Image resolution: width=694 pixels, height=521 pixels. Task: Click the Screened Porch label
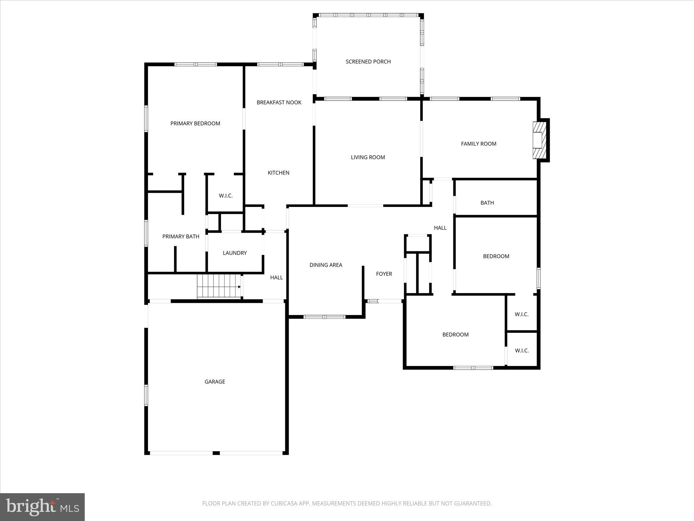tap(368, 62)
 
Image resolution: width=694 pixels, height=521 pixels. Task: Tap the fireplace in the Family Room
tap(539, 140)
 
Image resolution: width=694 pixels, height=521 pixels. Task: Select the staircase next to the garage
tap(219, 287)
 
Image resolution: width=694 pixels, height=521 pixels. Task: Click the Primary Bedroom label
tap(195, 123)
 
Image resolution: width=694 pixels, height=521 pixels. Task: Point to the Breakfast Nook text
tap(279, 102)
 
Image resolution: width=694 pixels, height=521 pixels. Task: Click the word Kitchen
tap(279, 173)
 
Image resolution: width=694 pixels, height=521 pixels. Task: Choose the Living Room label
tap(368, 157)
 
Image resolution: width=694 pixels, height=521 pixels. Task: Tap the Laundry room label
tap(234, 253)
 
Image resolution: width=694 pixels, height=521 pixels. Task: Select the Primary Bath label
tap(181, 236)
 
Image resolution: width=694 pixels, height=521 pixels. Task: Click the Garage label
tap(215, 382)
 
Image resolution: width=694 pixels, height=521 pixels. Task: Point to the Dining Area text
tap(326, 265)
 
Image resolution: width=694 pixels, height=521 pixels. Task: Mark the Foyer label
tap(384, 274)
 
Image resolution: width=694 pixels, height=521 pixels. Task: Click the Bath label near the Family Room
tap(487, 203)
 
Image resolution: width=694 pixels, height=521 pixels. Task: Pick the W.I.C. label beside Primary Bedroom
tap(226, 196)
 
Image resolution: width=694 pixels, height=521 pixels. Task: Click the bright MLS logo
tap(42, 507)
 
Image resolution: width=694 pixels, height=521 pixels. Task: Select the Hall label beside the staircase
tap(277, 277)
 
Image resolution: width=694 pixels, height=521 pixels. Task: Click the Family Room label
tap(478, 144)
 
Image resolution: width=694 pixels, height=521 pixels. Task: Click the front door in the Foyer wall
tap(385, 301)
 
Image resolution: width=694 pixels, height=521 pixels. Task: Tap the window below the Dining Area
tap(324, 317)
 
